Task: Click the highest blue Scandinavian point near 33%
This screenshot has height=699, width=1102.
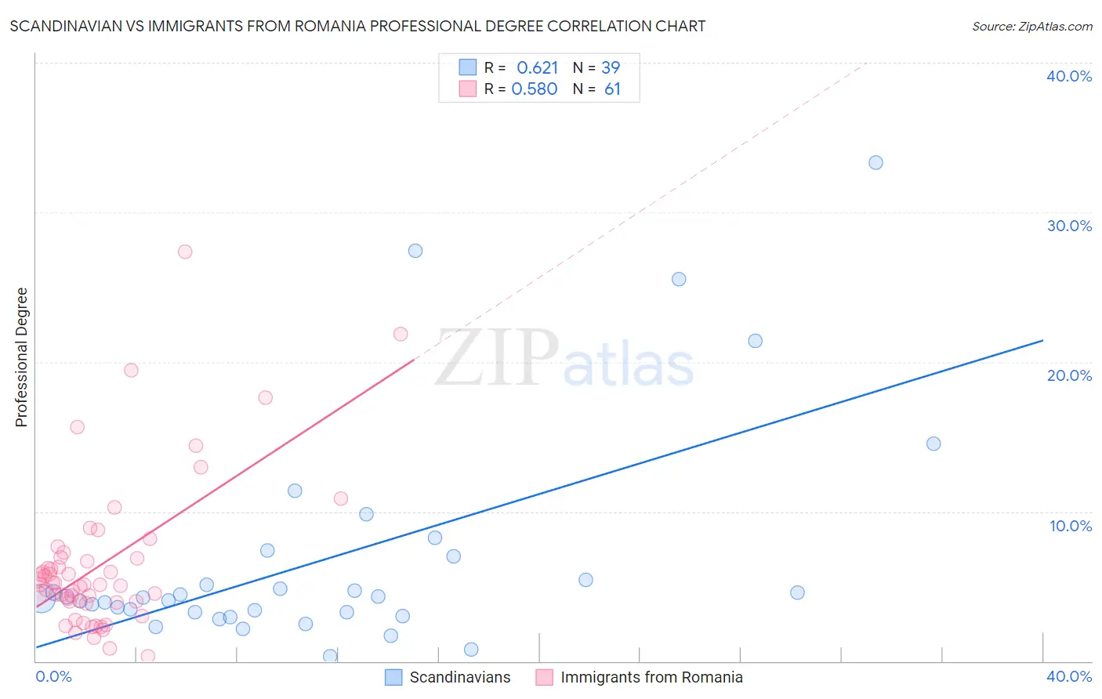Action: (x=875, y=163)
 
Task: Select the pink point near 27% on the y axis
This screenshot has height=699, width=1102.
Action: (x=185, y=252)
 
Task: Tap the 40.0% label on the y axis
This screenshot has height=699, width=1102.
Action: (x=1069, y=76)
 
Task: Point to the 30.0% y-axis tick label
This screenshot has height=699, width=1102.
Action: (x=1069, y=226)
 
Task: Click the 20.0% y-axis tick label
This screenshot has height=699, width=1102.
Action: (x=1069, y=375)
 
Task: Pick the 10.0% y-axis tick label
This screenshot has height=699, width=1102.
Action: (x=1070, y=526)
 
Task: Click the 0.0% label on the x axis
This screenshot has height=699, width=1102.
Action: (x=53, y=676)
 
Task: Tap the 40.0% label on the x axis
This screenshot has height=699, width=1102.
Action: (x=1069, y=676)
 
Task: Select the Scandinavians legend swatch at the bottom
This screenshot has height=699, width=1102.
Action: (x=393, y=677)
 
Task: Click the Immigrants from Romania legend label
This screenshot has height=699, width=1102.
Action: (x=651, y=677)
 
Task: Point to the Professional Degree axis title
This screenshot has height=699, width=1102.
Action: (x=21, y=357)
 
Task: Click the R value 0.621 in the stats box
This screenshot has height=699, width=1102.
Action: (x=537, y=68)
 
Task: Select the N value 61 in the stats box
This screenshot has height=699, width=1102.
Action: (x=612, y=89)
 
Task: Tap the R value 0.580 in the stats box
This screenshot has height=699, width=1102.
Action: (x=535, y=89)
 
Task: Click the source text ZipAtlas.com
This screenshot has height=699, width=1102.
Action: (x=1055, y=26)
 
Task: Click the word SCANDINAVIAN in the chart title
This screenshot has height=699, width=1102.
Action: (x=65, y=26)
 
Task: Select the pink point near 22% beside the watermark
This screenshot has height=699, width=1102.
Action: (x=401, y=334)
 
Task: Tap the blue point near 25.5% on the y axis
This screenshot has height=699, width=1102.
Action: (x=679, y=279)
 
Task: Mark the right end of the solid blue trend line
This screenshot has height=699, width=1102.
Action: (x=1042, y=340)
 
